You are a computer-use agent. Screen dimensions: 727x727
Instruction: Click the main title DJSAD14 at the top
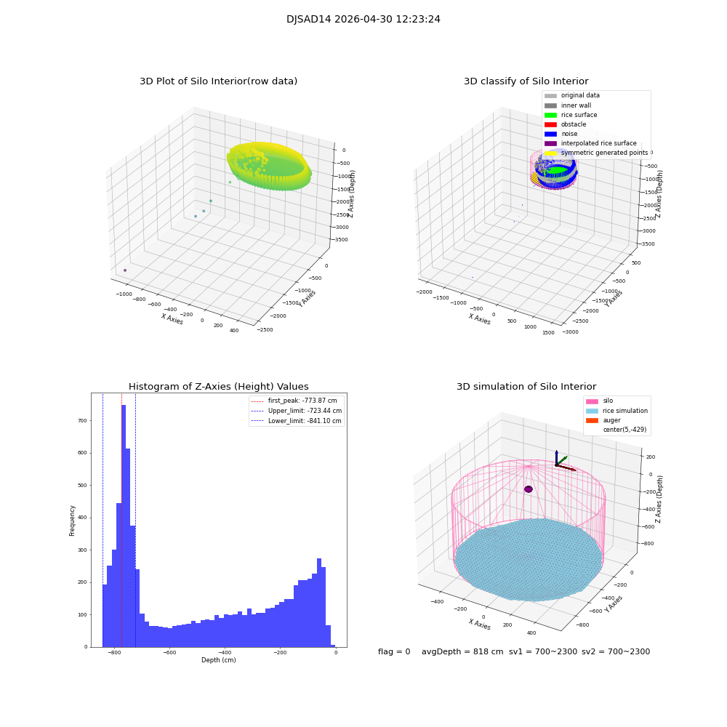(x=363, y=20)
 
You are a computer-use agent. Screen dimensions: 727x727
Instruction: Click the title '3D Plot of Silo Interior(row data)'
(x=218, y=81)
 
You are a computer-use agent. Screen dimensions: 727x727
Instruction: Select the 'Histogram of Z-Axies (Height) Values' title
(x=218, y=387)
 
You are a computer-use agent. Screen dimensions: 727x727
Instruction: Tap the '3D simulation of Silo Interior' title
(x=526, y=387)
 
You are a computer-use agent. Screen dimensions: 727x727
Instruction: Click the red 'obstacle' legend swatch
(x=550, y=124)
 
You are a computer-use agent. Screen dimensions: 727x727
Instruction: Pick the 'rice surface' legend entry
(x=579, y=115)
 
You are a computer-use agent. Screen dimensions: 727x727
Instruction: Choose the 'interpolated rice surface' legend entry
(x=598, y=143)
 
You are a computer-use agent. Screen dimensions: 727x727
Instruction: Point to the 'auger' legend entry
(x=611, y=420)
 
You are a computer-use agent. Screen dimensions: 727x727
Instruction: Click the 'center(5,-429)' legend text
(x=624, y=430)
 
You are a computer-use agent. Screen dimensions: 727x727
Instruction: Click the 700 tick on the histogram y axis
(x=81, y=421)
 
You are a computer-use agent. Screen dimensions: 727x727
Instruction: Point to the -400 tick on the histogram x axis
(x=225, y=653)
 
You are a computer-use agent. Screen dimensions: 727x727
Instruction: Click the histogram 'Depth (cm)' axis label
(x=218, y=660)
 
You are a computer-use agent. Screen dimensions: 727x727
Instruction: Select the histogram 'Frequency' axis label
(x=72, y=520)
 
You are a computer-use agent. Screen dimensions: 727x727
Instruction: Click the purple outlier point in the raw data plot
(x=125, y=270)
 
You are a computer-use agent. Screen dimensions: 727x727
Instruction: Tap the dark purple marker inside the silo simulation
(x=529, y=489)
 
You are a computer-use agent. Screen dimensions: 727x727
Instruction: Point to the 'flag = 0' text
(x=394, y=652)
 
